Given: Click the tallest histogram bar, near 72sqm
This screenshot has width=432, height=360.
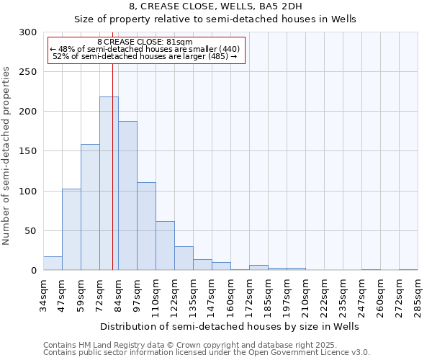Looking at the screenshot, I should coord(109,184).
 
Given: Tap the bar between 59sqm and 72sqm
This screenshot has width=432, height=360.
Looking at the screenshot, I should coord(90,207).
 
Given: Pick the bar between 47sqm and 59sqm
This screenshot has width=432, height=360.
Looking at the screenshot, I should coord(71,229).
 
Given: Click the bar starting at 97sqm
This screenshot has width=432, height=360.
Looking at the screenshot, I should coord(146,226).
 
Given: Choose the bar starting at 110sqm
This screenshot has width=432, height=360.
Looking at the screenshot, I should coord(165,246).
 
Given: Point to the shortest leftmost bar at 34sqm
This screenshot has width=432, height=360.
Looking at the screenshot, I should coord(53,264).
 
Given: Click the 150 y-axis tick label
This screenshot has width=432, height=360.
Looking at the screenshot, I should coord(28,151).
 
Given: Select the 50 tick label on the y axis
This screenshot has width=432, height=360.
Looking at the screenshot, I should coord(31,231).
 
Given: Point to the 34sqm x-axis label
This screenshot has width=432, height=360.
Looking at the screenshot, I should coord(44,294).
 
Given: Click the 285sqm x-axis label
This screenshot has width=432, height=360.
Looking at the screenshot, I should coord(418,294).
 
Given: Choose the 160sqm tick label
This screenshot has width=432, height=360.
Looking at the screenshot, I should coord(231,294).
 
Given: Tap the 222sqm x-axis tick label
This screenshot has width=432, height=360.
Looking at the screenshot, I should coord(325,294).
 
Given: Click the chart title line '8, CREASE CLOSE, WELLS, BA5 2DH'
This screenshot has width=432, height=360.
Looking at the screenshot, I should coord(215,6).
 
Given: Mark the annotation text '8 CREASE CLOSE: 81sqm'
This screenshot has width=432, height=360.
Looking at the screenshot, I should coord(145,42).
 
